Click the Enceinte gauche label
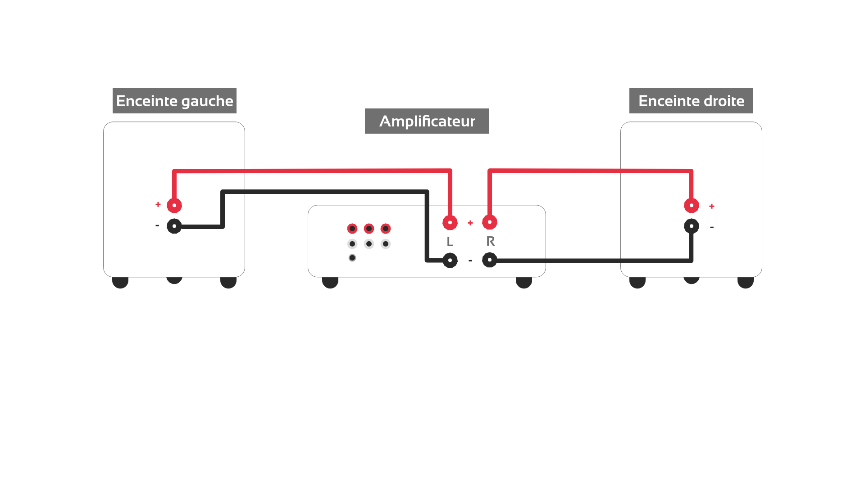174,101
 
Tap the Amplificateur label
427,121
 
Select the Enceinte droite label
691,101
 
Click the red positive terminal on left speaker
174,205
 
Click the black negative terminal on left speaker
174,226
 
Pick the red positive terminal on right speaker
692,205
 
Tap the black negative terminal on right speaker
692,226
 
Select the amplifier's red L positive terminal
450,222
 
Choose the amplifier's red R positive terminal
490,222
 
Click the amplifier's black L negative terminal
450,260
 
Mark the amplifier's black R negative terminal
490,260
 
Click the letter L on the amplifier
450,242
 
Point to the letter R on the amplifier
491,241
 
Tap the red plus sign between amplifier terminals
470,223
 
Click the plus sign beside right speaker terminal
712,206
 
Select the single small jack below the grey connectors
352,258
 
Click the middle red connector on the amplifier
369,229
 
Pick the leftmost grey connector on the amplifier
352,244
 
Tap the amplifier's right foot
524,282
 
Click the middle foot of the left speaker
174,280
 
